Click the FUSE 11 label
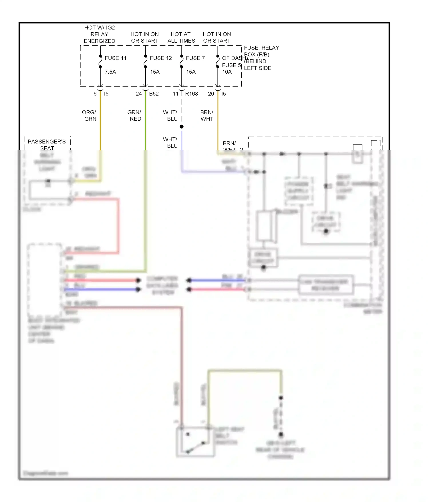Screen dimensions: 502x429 [115, 58]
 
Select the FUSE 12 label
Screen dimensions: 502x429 [161, 58]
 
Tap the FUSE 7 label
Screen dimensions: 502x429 [195, 58]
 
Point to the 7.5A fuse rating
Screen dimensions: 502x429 [110, 72]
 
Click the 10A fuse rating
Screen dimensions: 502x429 [227, 72]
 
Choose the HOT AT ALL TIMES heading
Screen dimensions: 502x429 [181, 38]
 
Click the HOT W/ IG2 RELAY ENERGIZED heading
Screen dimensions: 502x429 [100, 34]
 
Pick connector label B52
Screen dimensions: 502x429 [154, 94]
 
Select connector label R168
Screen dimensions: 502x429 [191, 94]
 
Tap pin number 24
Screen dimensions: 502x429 [139, 94]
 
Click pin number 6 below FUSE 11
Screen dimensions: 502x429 [95, 94]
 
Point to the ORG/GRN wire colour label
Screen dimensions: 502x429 [89, 115]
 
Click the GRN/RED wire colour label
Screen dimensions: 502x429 [134, 115]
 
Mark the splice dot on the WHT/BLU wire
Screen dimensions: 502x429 [182, 127]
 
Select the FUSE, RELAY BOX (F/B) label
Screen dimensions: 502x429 [261, 51]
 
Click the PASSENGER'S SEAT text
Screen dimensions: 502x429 [47, 145]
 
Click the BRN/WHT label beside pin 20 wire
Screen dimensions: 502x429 [207, 115]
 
